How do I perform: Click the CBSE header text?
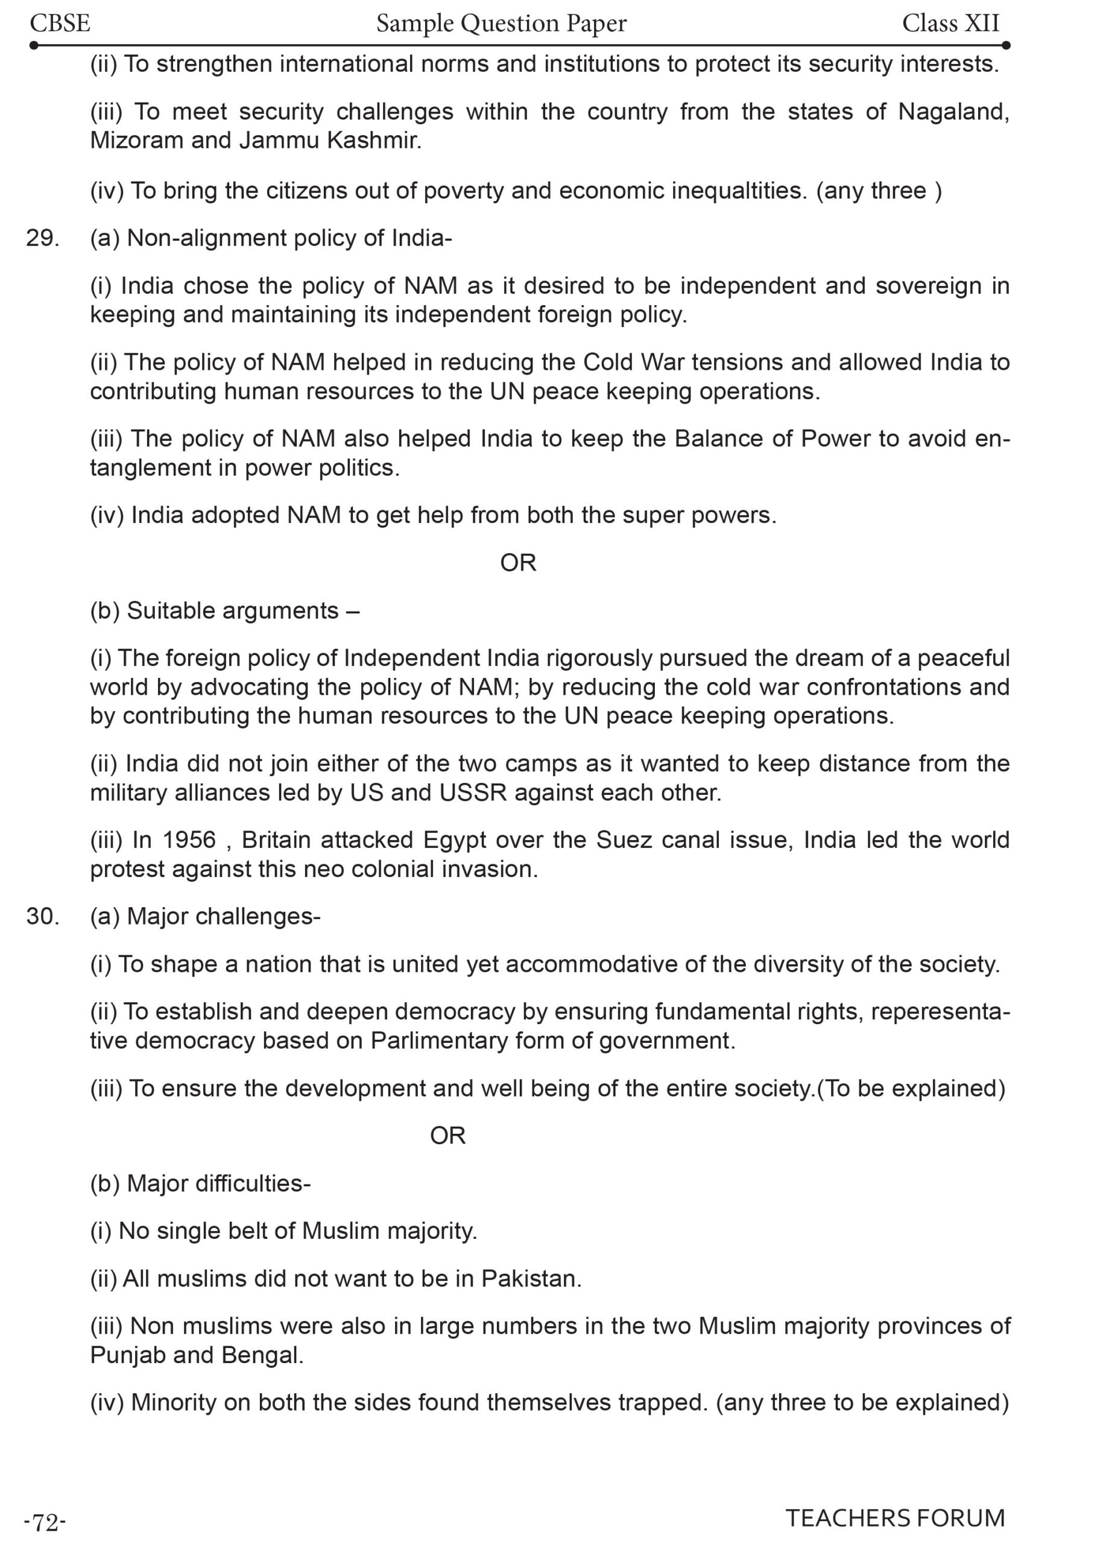(60, 24)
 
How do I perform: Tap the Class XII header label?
(950, 24)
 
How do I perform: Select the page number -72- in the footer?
(45, 1522)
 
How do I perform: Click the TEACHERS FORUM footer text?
(895, 1518)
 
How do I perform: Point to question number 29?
(42, 238)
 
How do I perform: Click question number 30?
(42, 916)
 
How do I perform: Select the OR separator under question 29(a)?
(518, 563)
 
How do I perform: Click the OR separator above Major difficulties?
(448, 1136)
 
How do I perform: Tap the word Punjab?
(126, 1355)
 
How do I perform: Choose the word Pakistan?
(531, 1279)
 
